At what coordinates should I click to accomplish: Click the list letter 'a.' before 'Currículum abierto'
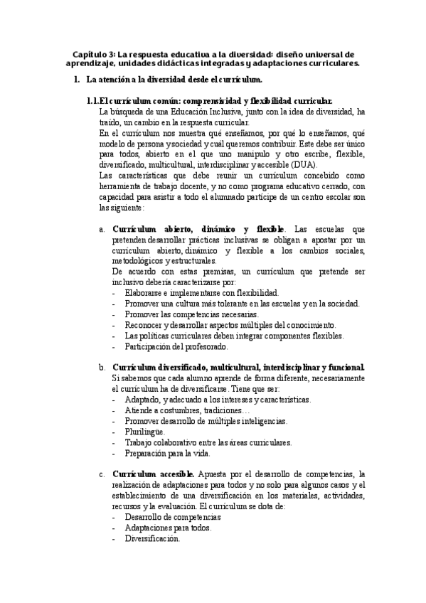point(102,230)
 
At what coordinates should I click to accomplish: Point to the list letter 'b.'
point(102,367)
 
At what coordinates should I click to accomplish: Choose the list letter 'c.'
point(102,474)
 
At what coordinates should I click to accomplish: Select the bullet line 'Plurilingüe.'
point(145,432)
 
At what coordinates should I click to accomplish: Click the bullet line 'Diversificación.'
point(152,538)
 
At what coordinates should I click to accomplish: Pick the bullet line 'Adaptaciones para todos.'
point(168,528)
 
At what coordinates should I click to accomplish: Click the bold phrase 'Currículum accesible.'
point(154,474)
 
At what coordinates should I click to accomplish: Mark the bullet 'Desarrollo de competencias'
point(173,517)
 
